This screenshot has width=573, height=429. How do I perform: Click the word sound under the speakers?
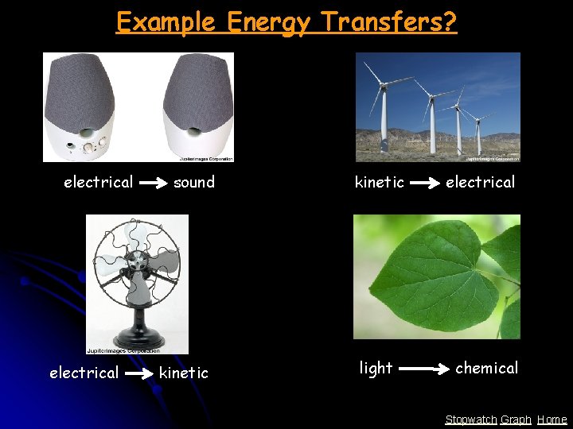pos(194,182)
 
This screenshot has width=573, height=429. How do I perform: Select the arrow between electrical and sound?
pos(153,183)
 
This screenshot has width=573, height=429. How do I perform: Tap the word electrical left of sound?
pos(98,182)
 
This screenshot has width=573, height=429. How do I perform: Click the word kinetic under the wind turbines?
pos(379,182)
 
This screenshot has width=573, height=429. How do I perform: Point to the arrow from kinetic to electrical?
pos(423,183)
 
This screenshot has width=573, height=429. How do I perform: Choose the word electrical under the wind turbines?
pos(480,182)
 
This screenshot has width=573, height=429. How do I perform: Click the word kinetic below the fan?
pos(183,373)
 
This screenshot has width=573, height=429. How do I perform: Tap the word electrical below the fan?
pos(84,373)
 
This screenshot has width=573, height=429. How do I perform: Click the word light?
pos(376,368)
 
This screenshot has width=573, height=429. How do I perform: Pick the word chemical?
pos(486,368)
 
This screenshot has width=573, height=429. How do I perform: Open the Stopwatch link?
pos(471,419)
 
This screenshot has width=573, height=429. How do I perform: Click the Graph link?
pos(516,419)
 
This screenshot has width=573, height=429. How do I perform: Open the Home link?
pos(552,419)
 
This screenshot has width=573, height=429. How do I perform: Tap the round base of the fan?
pos(138,334)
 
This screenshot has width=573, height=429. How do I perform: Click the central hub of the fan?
pos(137,261)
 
